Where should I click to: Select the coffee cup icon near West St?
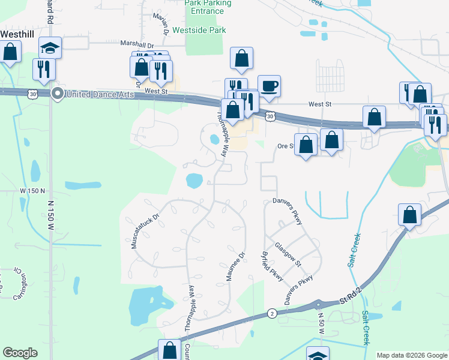pos(269,86)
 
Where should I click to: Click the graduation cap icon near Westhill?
pos(50,47)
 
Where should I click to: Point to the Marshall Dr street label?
pos(137,45)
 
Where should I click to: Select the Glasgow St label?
pos(287,252)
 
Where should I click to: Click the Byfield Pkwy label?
pos(272,265)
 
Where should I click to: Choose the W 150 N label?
pos(32,191)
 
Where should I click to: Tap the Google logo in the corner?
pos(20,353)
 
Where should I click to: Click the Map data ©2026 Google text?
pos(412,355)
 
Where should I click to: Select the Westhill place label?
pos(16,34)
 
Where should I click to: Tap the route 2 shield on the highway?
pos(272,313)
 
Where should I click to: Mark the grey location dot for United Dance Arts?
pos(58,94)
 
